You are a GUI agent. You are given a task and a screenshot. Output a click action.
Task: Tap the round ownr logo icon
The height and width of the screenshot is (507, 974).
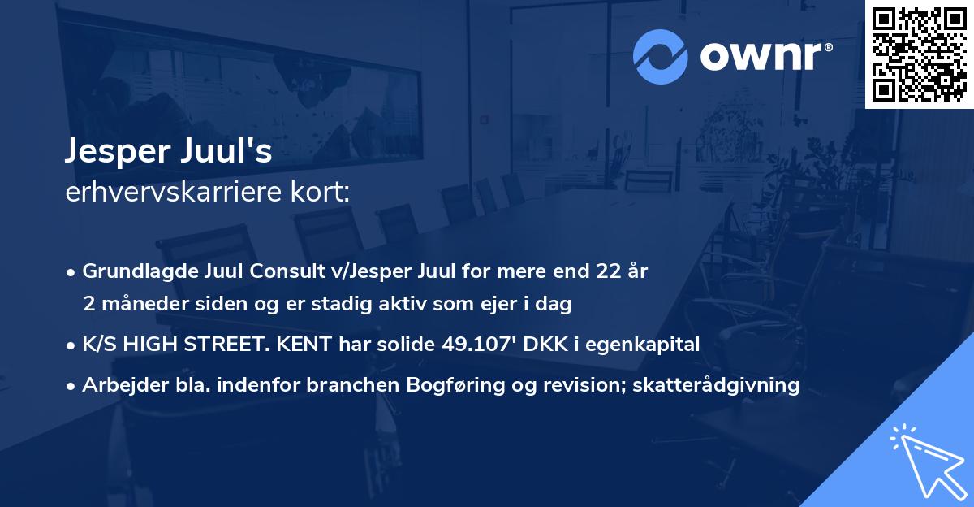point(661,56)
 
